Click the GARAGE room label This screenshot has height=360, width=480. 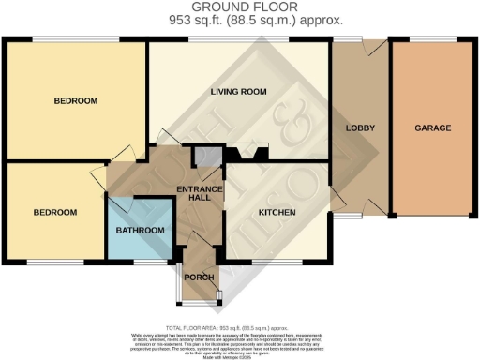[433, 127]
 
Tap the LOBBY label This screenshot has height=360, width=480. [361, 127]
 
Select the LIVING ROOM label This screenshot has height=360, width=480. [238, 92]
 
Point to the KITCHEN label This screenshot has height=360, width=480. [277, 213]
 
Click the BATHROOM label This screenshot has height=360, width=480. [140, 231]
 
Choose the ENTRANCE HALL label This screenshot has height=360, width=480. [200, 195]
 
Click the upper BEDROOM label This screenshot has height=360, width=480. [76, 100]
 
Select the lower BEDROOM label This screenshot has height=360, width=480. [54, 213]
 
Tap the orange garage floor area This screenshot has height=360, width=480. [433, 169]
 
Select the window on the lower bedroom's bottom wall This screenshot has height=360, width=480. [47, 261]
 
